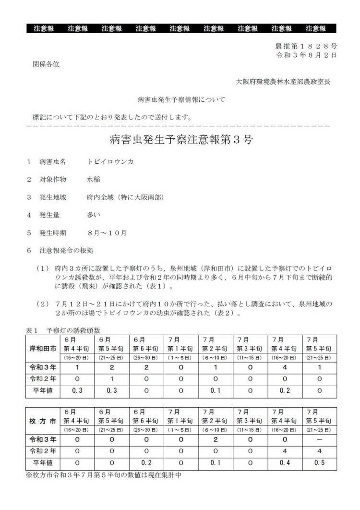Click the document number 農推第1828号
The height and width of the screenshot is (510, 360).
306,46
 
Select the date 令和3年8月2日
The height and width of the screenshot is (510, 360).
306,55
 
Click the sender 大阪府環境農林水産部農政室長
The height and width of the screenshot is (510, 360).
283,82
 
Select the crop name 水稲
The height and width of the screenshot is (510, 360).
94,180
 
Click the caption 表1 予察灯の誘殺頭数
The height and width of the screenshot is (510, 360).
65,330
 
